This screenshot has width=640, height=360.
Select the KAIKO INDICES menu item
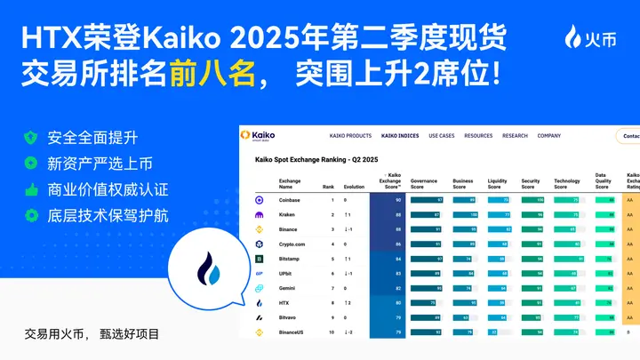pos(400,136)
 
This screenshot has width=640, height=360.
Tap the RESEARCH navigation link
pos(515,136)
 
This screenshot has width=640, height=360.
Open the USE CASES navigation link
pos(441,136)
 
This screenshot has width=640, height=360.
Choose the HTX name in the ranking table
pos(284,302)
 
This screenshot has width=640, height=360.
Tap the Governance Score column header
pos(424,183)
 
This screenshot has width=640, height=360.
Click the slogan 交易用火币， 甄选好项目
pos(92,335)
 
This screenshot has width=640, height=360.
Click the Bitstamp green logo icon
pos(259,259)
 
